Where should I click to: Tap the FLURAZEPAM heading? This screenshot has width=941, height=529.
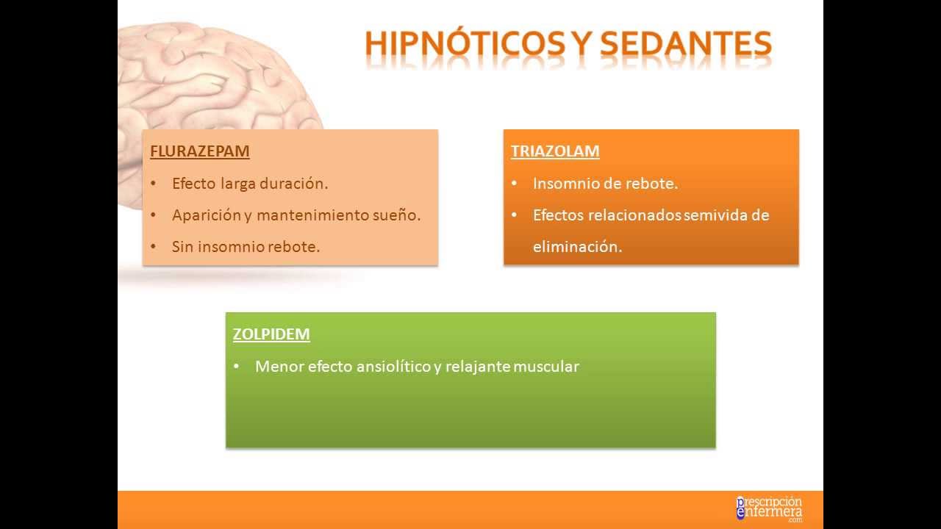200,151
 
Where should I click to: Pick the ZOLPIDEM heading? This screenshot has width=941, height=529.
271,334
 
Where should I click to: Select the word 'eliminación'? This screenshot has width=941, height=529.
577,247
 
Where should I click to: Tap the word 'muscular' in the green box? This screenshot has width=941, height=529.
546,366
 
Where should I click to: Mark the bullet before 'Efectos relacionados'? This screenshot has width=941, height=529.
514,215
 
